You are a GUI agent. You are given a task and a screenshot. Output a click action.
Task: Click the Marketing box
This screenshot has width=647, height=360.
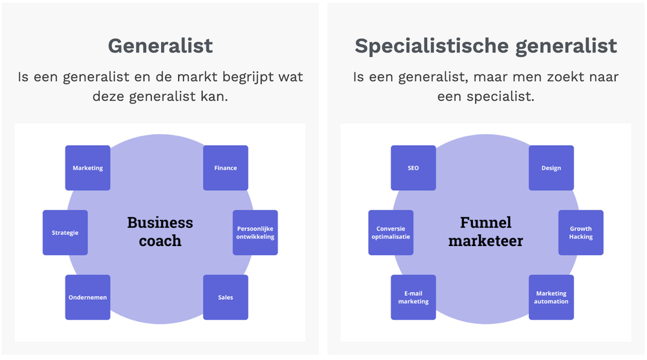(87, 168)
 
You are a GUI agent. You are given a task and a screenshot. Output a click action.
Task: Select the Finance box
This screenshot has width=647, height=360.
(225, 168)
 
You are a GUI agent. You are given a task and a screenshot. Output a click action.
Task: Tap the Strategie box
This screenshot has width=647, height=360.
(65, 232)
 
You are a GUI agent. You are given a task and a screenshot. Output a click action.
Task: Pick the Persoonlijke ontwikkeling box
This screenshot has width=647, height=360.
(255, 232)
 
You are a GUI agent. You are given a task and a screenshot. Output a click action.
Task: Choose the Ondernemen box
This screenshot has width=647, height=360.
(87, 297)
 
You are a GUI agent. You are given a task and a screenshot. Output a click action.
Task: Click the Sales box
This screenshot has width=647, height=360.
(225, 297)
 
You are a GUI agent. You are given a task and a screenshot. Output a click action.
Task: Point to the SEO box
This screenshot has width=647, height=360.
(413, 168)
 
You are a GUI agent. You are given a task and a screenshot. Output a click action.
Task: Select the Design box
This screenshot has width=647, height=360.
(551, 168)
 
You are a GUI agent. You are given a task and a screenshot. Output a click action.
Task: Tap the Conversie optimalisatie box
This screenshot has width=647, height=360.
(391, 232)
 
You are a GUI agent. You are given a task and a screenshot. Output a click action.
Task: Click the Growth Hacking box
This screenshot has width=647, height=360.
(580, 232)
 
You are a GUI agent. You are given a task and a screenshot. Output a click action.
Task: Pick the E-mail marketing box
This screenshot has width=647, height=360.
(413, 297)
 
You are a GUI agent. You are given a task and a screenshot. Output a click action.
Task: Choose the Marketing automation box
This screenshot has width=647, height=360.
(551, 297)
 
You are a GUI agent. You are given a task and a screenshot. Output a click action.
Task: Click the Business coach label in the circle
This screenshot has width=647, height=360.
(160, 232)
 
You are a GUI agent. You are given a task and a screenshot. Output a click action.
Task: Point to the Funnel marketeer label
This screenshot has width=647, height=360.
(485, 232)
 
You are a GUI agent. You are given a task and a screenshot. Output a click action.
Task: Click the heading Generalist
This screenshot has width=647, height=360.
(160, 46)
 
